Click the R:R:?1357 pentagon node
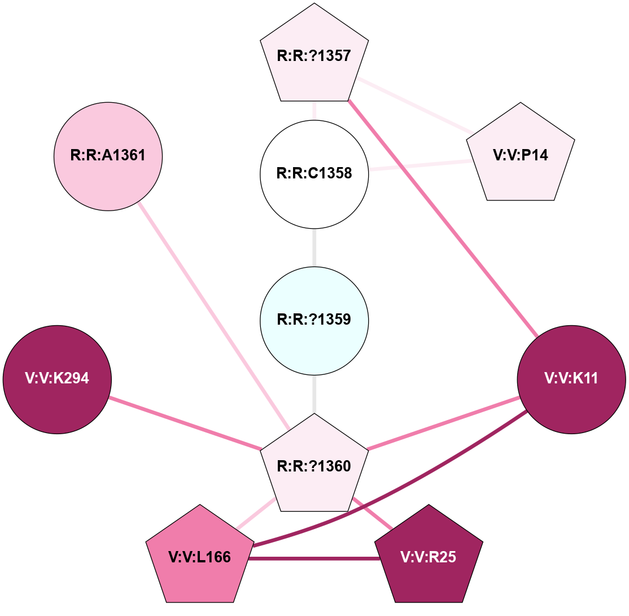coord(314,56)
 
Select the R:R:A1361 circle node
coord(108,156)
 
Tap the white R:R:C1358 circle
coord(314,173)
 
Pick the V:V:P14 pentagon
coord(521,156)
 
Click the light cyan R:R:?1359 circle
coord(314,320)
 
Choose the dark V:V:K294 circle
coord(57,379)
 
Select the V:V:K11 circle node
coord(571,379)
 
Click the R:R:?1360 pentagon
coord(314,466)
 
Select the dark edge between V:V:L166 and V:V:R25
coord(314,558)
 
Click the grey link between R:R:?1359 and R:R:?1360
coord(314,394)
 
